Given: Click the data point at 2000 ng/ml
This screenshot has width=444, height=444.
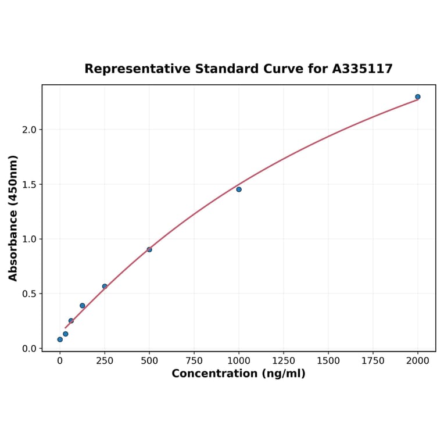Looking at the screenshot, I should [418, 96].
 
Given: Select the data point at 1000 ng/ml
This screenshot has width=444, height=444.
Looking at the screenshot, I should [239, 189].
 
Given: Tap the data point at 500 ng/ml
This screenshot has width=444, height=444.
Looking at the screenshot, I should [149, 249].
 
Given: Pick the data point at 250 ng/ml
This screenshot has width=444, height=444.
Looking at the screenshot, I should [105, 287].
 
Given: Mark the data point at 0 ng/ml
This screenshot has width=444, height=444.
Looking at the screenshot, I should [60, 339].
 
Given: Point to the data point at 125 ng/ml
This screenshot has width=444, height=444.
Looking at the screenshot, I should [83, 306].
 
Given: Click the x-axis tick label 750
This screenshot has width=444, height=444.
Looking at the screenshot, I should [194, 361].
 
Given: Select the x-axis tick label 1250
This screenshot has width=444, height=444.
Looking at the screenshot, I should [284, 361].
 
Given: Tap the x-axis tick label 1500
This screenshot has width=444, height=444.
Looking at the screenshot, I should [328, 361].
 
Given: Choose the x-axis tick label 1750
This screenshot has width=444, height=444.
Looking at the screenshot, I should [373, 361].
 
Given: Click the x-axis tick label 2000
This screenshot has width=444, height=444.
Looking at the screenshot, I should [418, 361].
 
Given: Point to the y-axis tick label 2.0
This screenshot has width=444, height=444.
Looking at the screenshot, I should [28, 130].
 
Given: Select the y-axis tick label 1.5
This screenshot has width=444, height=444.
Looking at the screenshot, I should [28, 184].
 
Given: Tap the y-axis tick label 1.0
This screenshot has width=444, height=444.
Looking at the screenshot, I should [28, 239].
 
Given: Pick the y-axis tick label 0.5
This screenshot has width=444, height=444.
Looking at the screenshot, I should [28, 294].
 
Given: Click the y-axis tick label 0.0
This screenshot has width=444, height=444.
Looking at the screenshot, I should [28, 349].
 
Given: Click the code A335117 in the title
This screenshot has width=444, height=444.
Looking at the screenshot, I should [363, 69].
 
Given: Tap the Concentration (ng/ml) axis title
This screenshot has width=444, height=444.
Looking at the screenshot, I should [238, 374].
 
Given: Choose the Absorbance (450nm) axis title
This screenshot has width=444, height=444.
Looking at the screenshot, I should [13, 218].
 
